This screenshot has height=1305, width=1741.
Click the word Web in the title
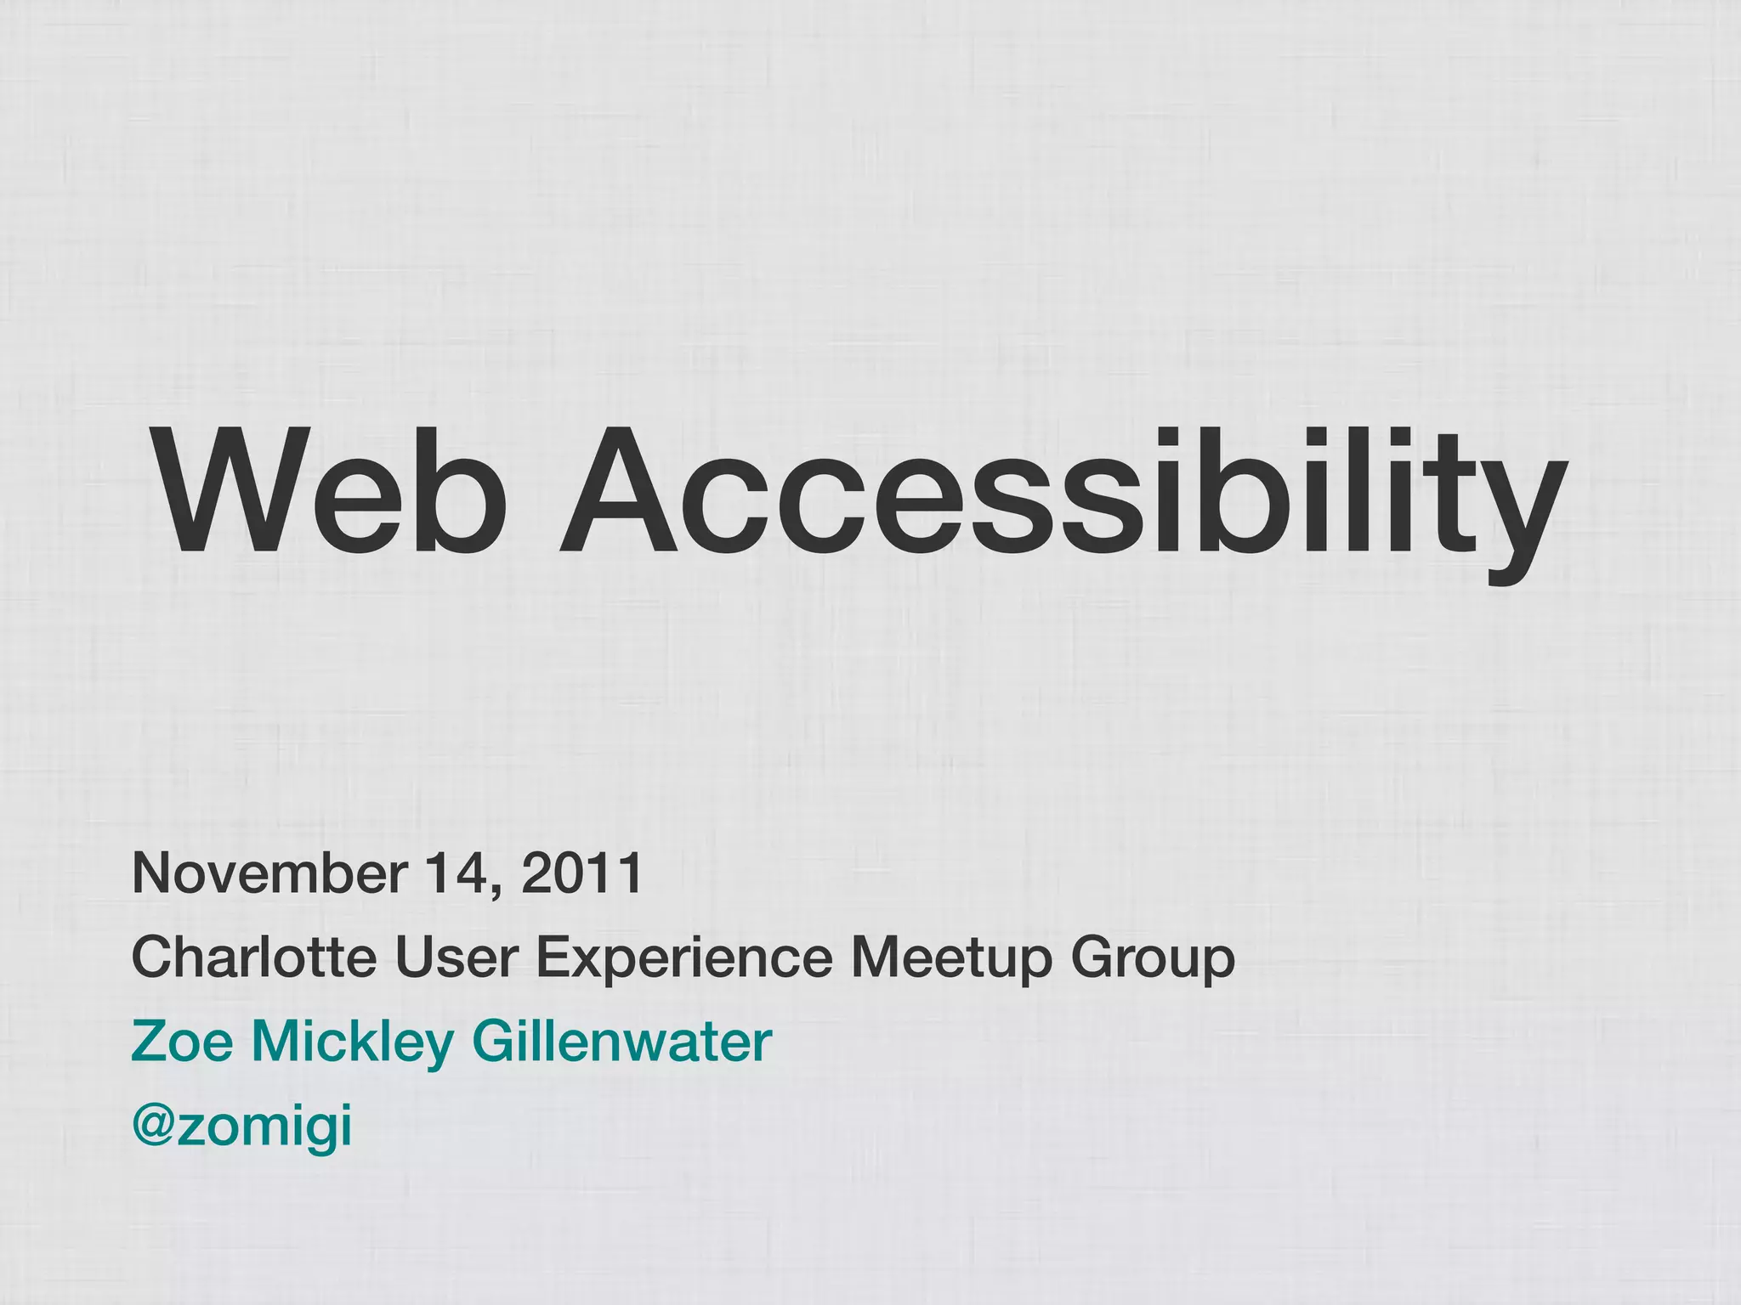pyautogui.click(x=328, y=491)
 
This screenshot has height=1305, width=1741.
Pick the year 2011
pyautogui.click(x=581, y=873)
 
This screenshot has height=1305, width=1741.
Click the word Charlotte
pyautogui.click(x=253, y=957)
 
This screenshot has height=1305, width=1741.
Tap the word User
pyautogui.click(x=456, y=957)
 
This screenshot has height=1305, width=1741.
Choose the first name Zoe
pyautogui.click(x=182, y=1042)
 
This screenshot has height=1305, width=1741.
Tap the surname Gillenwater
pyautogui.click(x=621, y=1042)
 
